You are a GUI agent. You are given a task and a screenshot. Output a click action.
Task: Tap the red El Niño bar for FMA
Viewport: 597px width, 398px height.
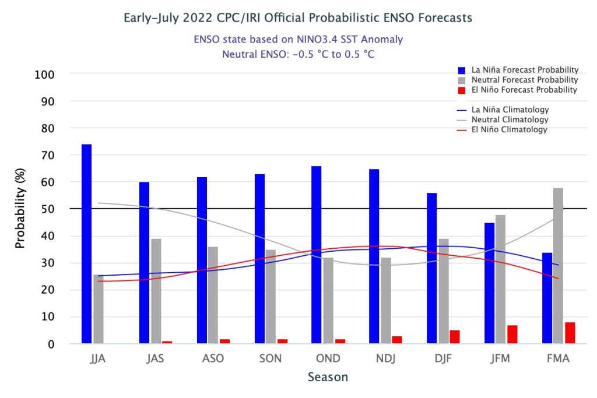570,333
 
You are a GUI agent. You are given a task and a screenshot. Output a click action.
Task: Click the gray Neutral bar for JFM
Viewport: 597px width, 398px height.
500,279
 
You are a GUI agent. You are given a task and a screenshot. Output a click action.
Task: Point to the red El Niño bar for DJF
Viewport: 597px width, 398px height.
455,337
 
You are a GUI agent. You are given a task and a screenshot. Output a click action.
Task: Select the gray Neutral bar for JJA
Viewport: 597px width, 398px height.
99,309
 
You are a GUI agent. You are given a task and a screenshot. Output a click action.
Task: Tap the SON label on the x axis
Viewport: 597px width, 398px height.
270,358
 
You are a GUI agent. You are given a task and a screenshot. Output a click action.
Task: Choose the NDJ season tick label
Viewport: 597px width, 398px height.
385,358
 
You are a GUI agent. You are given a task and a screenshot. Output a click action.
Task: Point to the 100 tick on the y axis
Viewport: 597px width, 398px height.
46,75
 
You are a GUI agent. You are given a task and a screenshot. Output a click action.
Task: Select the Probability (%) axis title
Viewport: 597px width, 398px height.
20,209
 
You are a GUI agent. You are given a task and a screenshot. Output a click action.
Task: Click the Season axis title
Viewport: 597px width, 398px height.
328,377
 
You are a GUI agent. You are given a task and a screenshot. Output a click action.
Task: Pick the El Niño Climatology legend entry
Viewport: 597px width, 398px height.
509,129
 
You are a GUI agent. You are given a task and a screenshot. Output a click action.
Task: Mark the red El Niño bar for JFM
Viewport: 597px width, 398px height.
512,334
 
